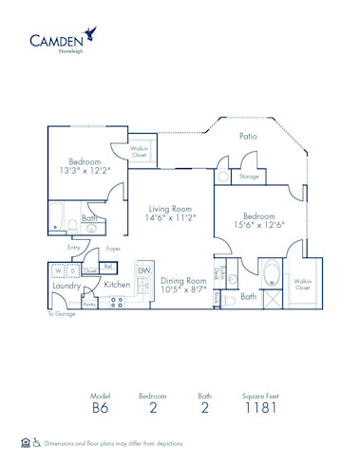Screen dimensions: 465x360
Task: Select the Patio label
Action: pos(248,137)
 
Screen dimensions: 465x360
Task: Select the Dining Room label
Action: pos(183,281)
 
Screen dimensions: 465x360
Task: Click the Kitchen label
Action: pos(117,285)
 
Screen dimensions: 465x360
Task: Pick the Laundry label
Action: pos(66,285)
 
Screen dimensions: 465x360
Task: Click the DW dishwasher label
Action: pos(143,270)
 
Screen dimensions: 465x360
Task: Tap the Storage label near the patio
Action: pos(249,177)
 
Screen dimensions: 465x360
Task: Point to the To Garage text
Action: pos(59,313)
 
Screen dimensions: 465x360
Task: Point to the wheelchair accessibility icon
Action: pos(37,442)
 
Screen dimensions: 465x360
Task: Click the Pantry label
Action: pos(88,304)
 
